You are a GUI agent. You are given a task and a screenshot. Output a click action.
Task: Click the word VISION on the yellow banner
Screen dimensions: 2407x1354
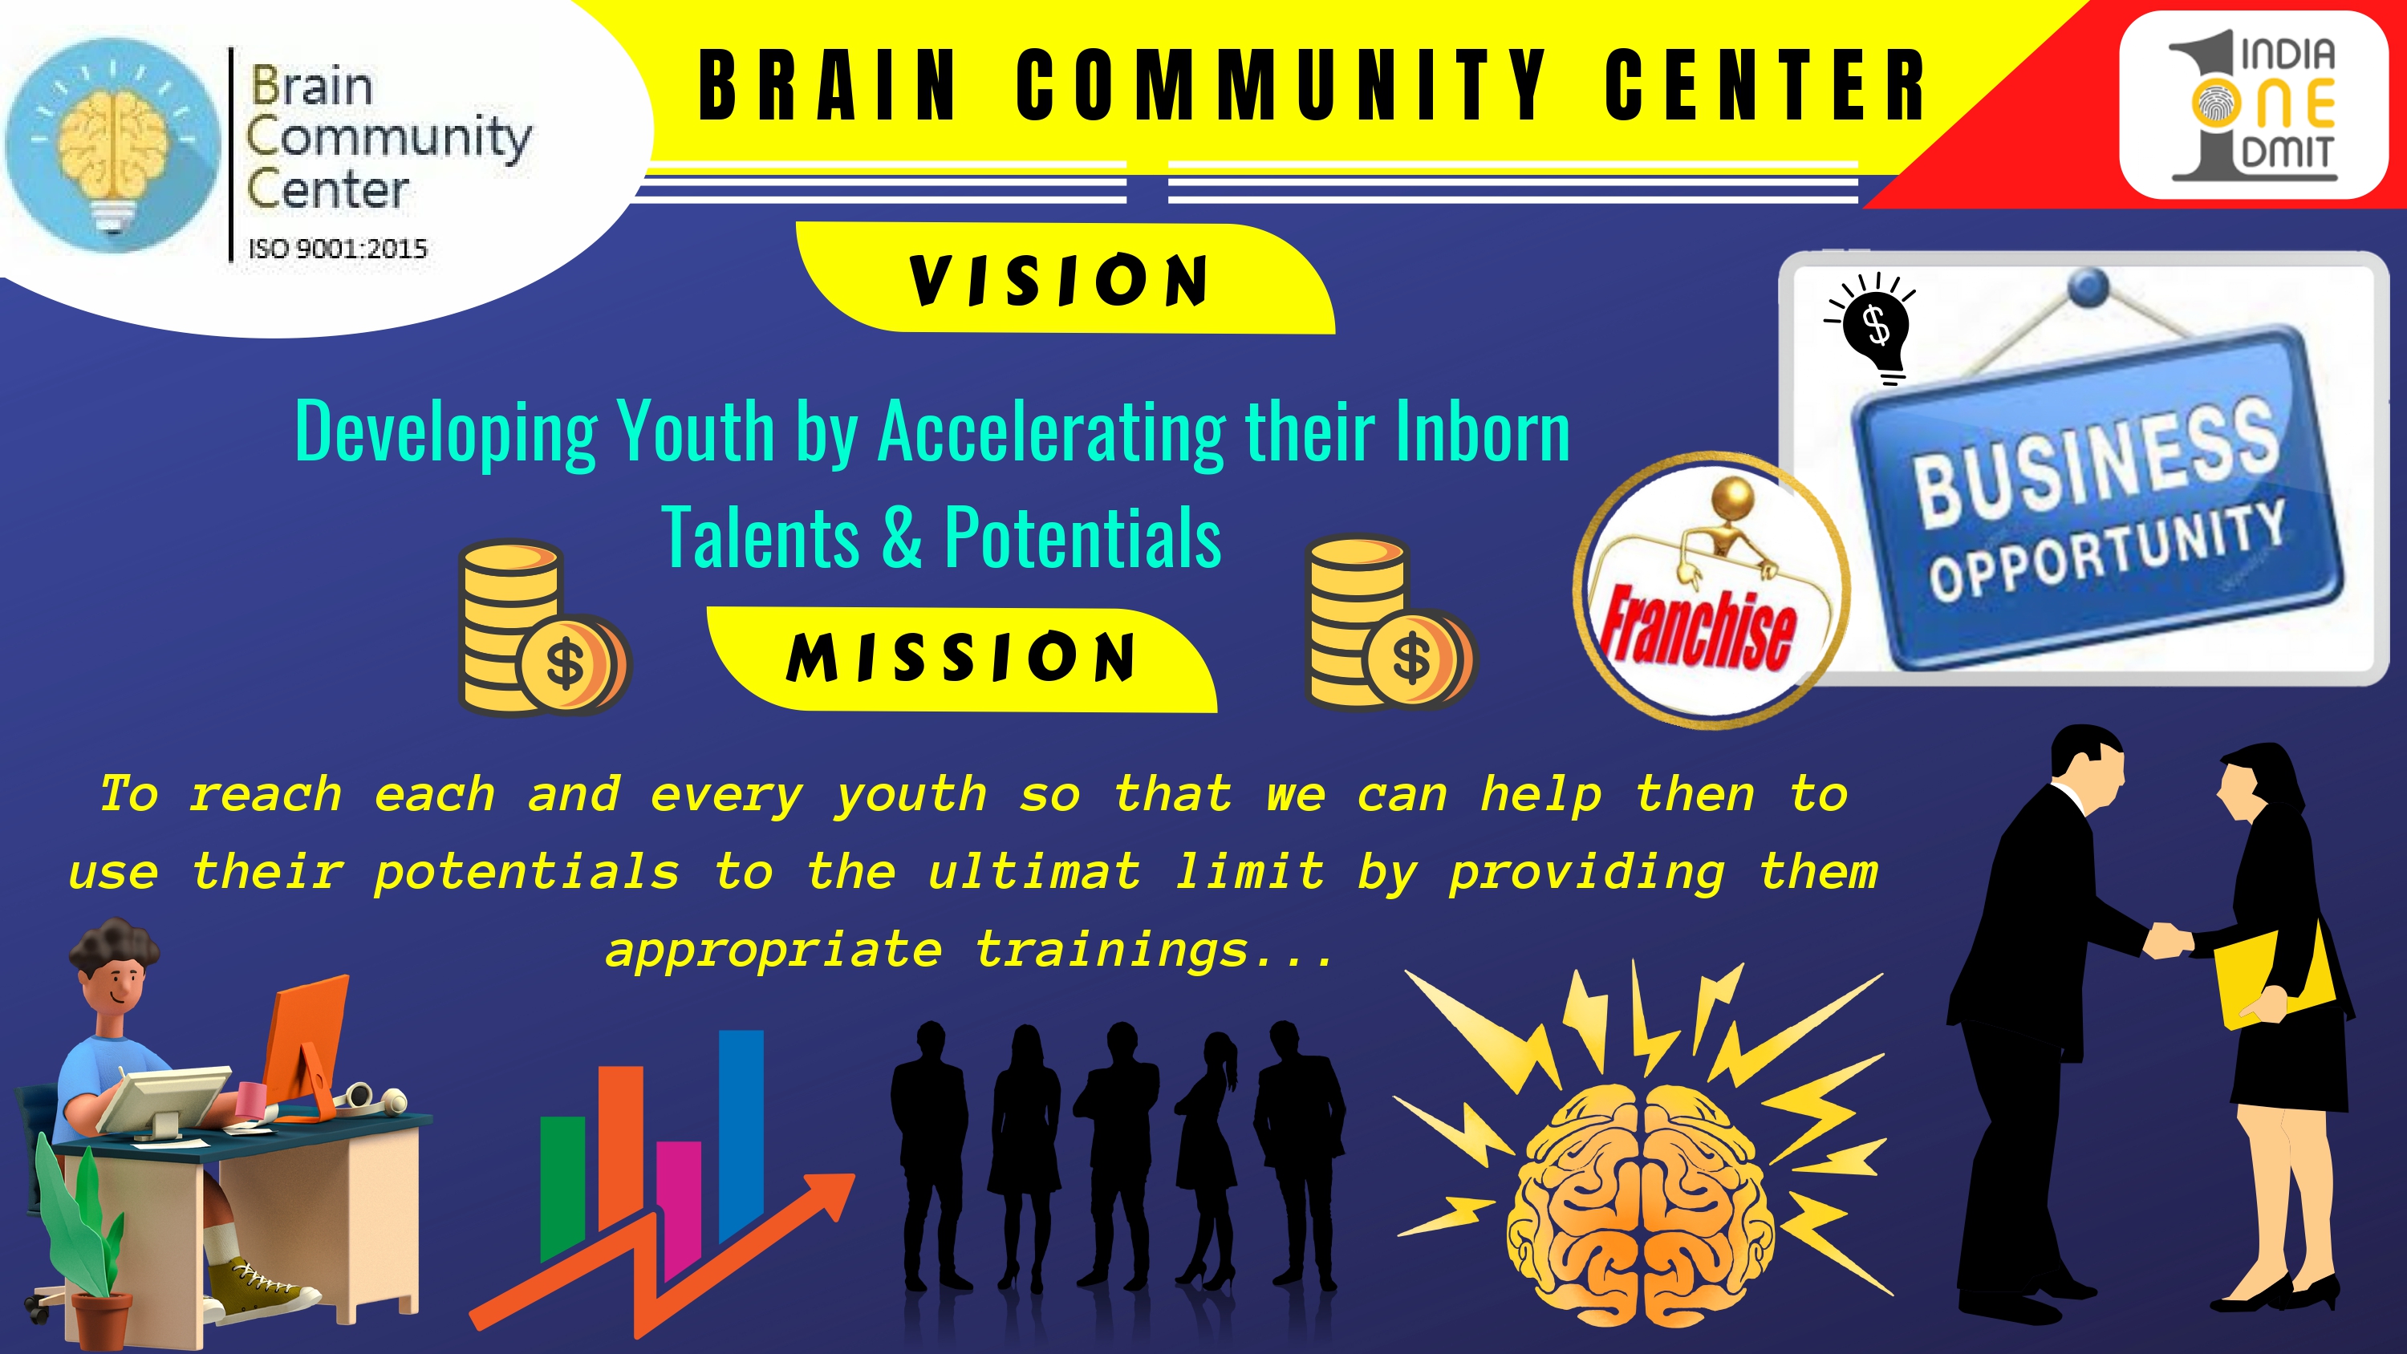(x=1058, y=279)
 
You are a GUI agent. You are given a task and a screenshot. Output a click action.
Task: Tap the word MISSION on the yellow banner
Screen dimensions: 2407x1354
(x=960, y=657)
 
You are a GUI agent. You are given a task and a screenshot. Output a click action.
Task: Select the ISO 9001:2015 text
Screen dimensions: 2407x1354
(x=337, y=249)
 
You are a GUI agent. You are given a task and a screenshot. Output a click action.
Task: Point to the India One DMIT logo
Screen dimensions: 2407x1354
(x=2253, y=104)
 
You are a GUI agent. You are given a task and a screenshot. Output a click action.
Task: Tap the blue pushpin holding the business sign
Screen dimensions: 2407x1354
(x=2088, y=287)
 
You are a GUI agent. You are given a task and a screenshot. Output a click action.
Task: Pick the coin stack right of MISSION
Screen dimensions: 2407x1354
(x=1390, y=622)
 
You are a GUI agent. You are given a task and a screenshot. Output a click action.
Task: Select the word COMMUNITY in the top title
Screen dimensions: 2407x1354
(x=1281, y=85)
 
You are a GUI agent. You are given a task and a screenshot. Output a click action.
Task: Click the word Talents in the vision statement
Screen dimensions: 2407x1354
(x=761, y=537)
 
